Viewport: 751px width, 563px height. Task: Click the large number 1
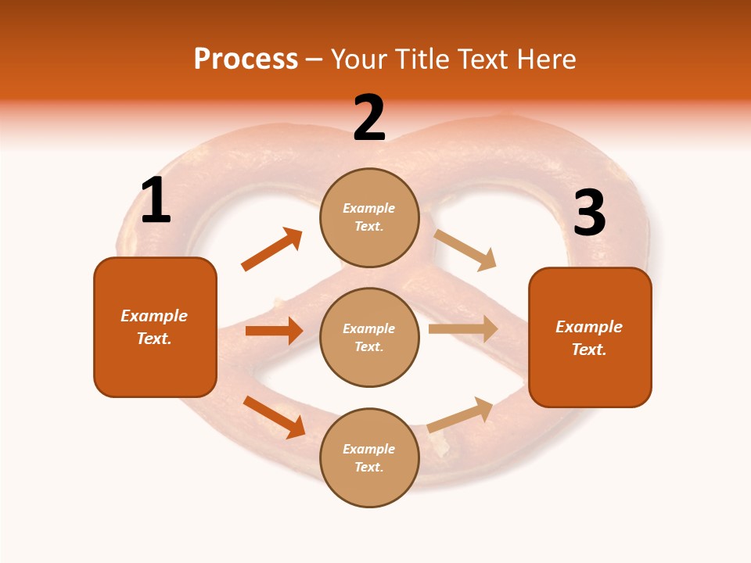pos(156,201)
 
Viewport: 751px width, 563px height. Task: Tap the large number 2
pos(369,118)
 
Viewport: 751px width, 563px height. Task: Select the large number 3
pos(589,213)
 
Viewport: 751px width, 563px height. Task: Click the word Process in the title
pos(246,59)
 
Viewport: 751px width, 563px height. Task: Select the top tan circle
pos(369,217)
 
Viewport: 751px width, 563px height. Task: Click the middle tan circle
pos(369,337)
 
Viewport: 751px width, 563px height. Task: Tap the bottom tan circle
pos(369,457)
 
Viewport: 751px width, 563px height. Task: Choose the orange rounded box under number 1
pos(155,327)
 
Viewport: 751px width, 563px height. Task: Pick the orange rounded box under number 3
pos(590,337)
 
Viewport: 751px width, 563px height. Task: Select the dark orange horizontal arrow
pos(274,331)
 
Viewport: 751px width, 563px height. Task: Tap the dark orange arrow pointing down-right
pos(275,417)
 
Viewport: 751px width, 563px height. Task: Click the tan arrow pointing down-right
pos(465,249)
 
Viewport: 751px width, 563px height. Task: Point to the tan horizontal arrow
pos(463,329)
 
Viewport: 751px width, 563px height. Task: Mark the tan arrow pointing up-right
pos(461,414)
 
